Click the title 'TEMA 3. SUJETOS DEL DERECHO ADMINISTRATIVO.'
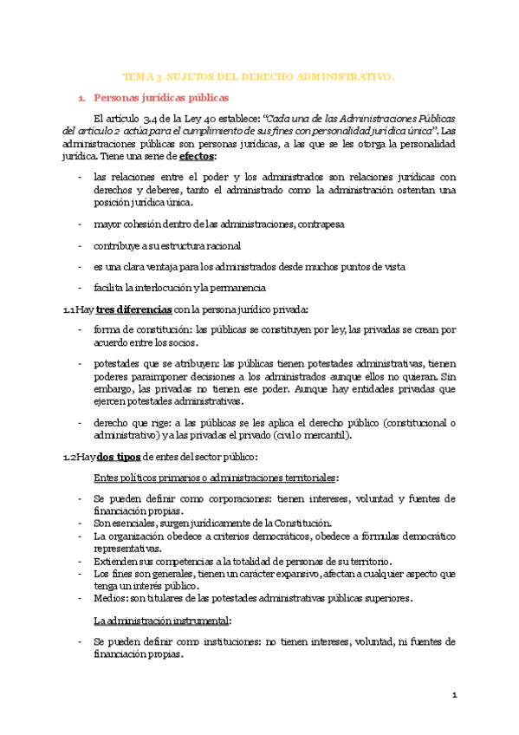[x=259, y=77]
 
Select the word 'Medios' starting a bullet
[x=108, y=598]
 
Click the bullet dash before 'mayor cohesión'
[x=80, y=224]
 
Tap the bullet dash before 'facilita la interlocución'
[x=80, y=288]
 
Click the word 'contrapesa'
[x=320, y=224]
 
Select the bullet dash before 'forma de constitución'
[x=80, y=329]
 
